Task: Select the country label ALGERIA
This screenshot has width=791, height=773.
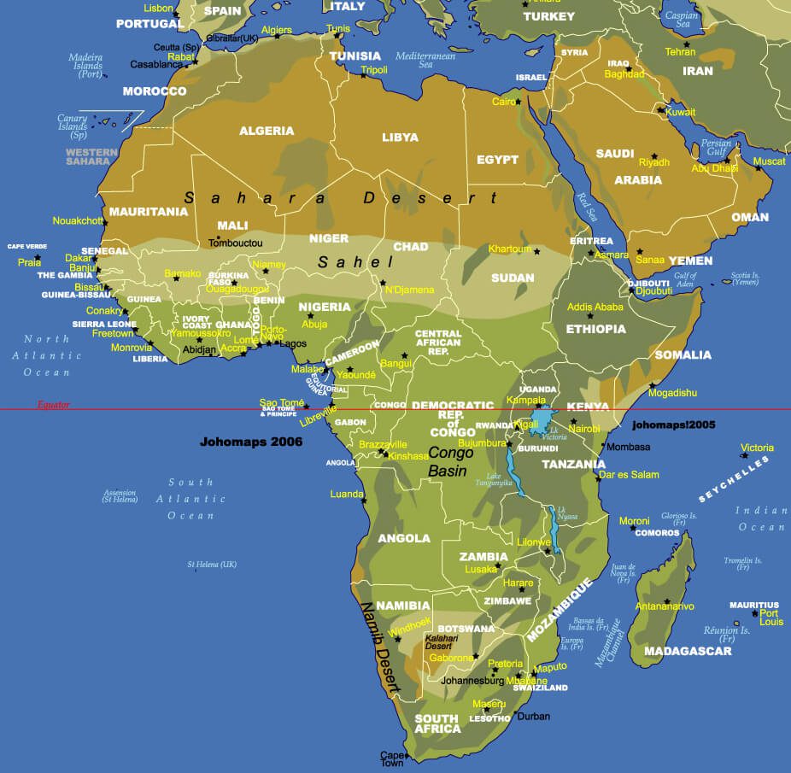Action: pyautogui.click(x=267, y=131)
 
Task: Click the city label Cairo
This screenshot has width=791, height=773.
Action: pyautogui.click(x=503, y=102)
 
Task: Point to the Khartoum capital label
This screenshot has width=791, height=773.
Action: pyautogui.click(x=510, y=249)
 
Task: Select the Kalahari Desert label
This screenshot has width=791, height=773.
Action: pyautogui.click(x=442, y=641)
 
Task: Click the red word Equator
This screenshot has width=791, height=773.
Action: pyautogui.click(x=53, y=405)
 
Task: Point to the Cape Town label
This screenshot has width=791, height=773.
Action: pyautogui.click(x=392, y=759)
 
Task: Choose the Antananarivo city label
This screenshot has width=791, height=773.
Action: pyautogui.click(x=665, y=606)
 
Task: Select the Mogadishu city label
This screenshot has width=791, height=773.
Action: pyautogui.click(x=672, y=393)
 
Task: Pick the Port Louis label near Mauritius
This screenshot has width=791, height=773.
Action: pyautogui.click(x=770, y=617)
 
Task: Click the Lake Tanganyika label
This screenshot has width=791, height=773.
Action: pyautogui.click(x=500, y=481)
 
